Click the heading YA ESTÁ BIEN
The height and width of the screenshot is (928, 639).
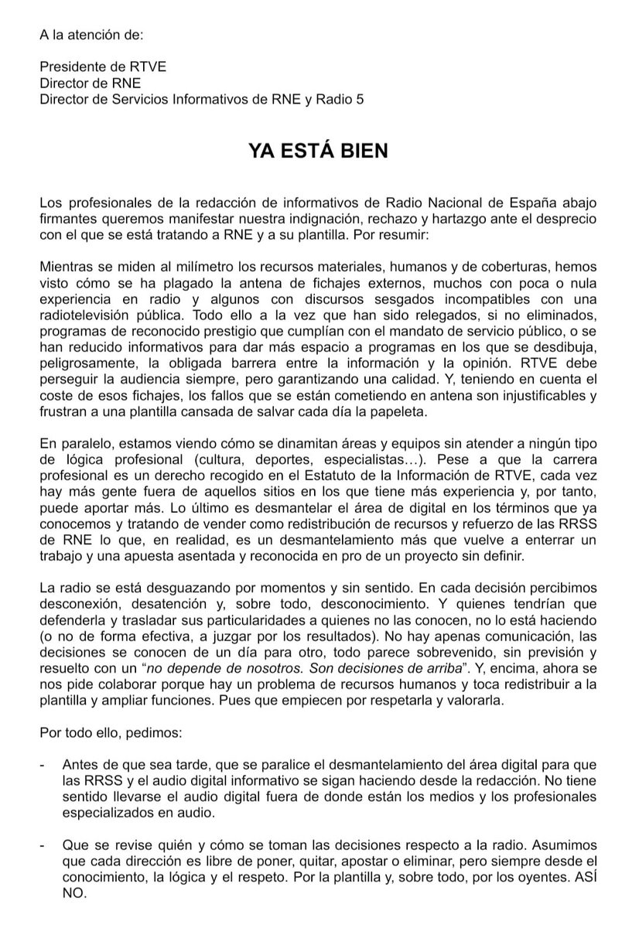[318, 150]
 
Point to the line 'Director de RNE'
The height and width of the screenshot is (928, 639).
[91, 83]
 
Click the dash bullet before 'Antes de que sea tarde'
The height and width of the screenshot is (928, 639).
[43, 765]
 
